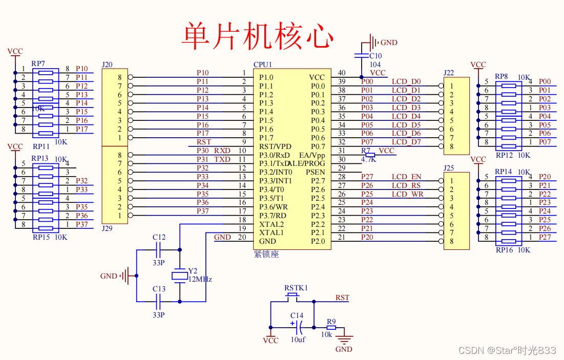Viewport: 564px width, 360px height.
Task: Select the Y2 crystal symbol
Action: pyautogui.click(x=179, y=276)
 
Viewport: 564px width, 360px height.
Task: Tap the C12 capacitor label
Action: pyautogui.click(x=159, y=238)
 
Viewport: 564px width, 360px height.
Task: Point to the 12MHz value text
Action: pyautogui.click(x=200, y=280)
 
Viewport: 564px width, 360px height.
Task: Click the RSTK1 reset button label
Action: pyautogui.click(x=296, y=288)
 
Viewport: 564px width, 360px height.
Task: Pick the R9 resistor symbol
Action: pyautogui.click(x=331, y=327)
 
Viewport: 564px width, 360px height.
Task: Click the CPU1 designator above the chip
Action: pyautogui.click(x=263, y=65)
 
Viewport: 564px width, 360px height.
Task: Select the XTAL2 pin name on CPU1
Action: pyautogui.click(x=271, y=224)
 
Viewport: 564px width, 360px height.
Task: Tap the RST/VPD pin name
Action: pyautogui.click(x=275, y=146)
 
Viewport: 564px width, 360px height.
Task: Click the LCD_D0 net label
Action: pyautogui.click(x=406, y=81)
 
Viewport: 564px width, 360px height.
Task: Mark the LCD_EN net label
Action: pyautogui.click(x=406, y=177)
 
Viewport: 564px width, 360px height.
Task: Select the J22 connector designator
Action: pyautogui.click(x=449, y=73)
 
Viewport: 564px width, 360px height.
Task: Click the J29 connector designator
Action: pyautogui.click(x=107, y=228)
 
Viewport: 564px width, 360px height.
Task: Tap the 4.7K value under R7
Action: pyautogui.click(x=369, y=159)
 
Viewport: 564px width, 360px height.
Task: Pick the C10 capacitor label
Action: pyautogui.click(x=375, y=56)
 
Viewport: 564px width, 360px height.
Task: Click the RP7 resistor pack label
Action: pyautogui.click(x=38, y=63)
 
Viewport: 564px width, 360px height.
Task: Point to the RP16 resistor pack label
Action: pyautogui.click(x=504, y=250)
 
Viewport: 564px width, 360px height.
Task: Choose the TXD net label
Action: pyautogui.click(x=222, y=159)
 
